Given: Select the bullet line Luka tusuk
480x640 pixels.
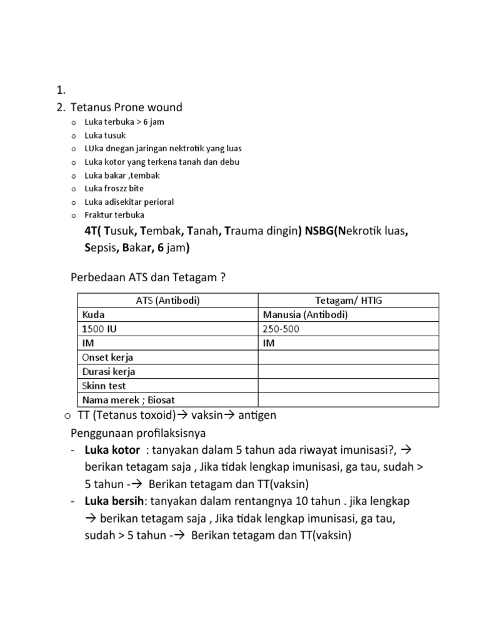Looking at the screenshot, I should (105, 135).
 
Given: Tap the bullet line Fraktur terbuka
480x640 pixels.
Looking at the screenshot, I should (114, 215).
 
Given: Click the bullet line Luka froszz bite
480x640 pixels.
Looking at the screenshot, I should (114, 188).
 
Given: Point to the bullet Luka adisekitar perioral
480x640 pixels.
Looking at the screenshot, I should (129, 202).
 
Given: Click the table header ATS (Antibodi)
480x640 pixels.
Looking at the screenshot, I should (167, 301).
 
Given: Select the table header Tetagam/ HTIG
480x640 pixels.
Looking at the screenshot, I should (349, 301).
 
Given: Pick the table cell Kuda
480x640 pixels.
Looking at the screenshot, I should (93, 314).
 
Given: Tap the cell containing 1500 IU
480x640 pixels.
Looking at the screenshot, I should (99, 329).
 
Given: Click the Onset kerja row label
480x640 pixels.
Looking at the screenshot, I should (107, 357).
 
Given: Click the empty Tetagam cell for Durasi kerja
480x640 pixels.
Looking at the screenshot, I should (349, 372).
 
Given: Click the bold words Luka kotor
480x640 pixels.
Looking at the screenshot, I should (112, 450).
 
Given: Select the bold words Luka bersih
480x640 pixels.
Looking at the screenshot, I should (115, 501).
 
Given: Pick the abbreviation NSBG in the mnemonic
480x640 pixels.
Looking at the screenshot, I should (319, 231).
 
